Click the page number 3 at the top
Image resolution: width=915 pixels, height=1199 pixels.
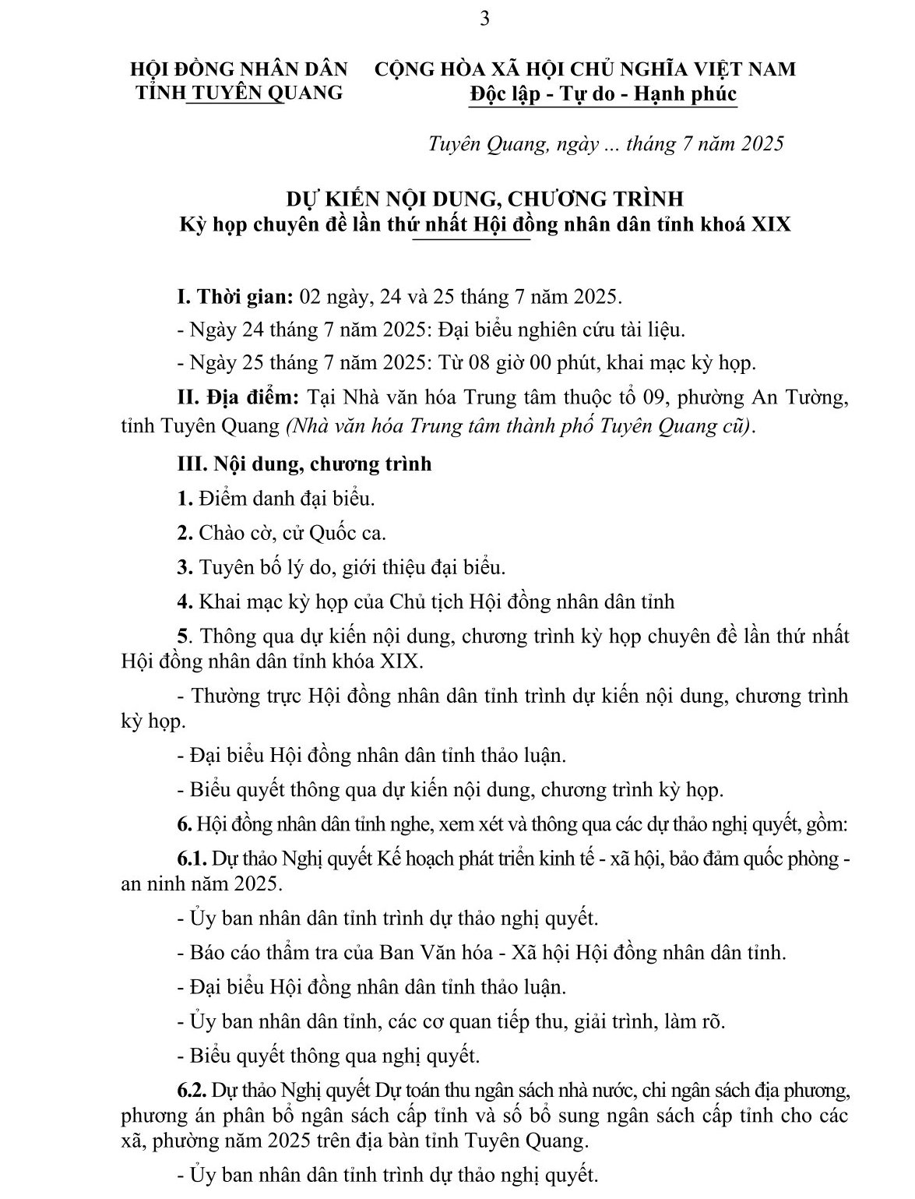point(484,19)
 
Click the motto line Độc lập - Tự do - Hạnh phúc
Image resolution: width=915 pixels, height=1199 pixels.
point(603,94)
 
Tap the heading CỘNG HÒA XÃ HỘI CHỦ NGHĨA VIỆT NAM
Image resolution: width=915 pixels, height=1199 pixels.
point(586,69)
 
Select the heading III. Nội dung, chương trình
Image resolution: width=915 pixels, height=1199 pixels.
point(304,464)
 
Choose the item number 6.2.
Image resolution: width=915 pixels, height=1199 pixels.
point(192,1088)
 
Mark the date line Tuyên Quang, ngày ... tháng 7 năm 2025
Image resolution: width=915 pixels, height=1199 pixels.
point(606,144)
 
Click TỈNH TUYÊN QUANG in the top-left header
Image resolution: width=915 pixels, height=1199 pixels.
point(240,92)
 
